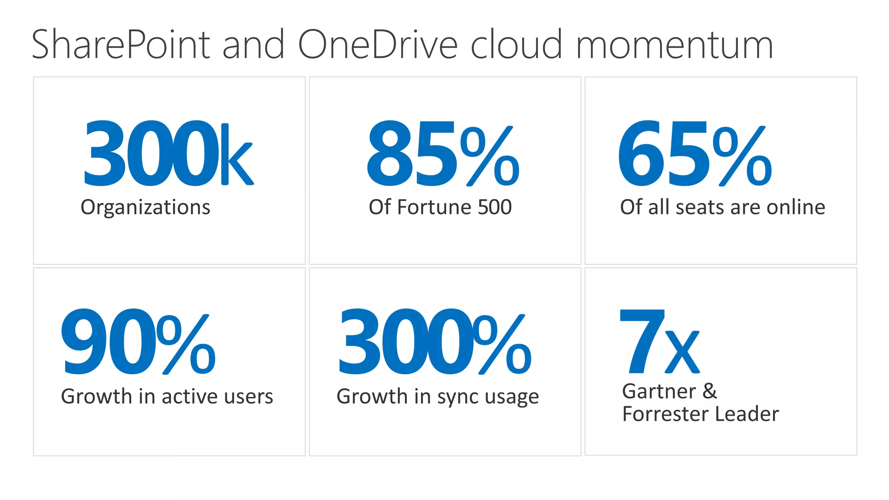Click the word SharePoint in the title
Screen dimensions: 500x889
point(121,45)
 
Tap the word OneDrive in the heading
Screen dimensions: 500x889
point(378,45)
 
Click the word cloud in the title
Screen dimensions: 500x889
point(517,45)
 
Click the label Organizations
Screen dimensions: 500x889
point(145,207)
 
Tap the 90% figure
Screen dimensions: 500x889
point(138,342)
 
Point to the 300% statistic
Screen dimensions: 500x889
point(435,342)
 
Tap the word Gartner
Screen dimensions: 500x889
point(659,391)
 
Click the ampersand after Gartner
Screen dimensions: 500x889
point(709,391)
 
